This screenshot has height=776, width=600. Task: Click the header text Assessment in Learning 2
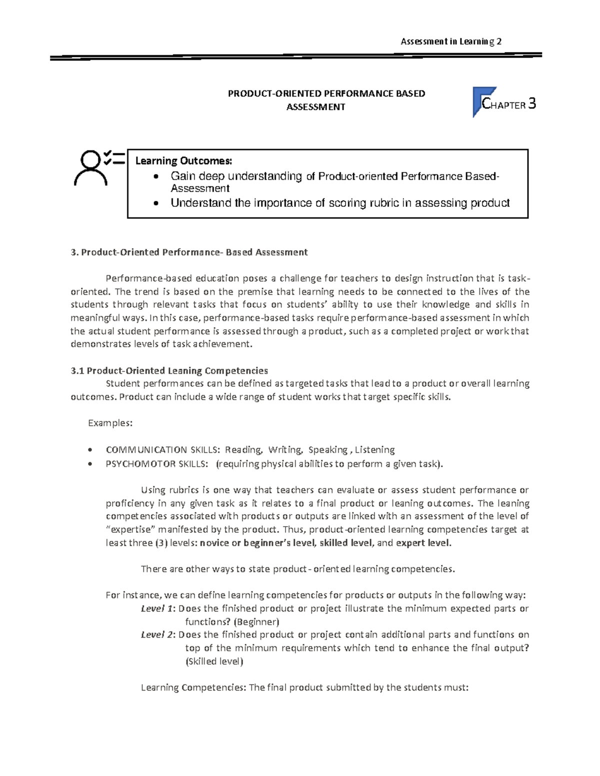(x=451, y=41)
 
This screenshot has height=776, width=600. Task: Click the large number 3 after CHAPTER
(x=531, y=104)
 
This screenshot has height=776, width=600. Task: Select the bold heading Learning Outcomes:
(x=183, y=161)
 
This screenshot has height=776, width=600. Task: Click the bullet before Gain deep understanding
(x=157, y=176)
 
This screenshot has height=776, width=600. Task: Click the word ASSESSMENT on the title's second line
(x=315, y=107)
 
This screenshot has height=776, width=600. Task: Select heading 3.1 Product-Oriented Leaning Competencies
(x=169, y=371)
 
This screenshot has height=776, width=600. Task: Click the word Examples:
(x=110, y=423)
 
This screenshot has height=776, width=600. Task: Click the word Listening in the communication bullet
(x=374, y=450)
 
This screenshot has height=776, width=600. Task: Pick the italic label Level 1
(x=157, y=609)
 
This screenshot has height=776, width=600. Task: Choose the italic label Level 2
(x=157, y=635)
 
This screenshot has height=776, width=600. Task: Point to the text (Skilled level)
(x=214, y=662)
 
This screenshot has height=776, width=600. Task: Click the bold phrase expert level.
(x=423, y=543)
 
